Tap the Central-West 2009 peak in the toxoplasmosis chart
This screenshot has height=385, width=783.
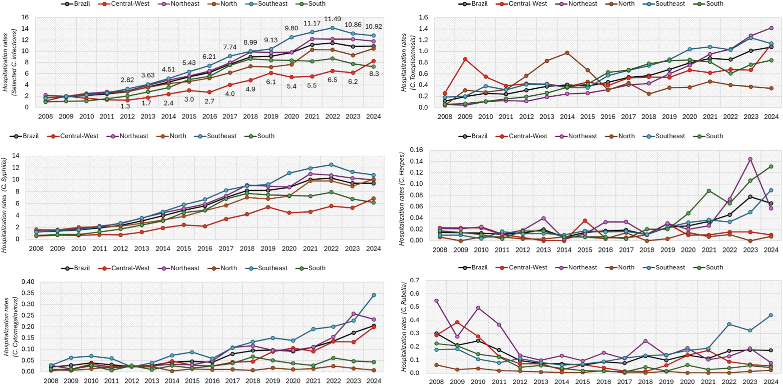click(465, 59)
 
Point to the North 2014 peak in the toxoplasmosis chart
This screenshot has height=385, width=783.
click(567, 53)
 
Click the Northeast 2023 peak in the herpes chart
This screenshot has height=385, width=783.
click(750, 159)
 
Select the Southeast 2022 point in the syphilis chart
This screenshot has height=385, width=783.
click(331, 165)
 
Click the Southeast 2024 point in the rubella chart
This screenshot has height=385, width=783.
click(771, 315)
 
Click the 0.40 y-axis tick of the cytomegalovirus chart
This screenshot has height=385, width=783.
click(28, 282)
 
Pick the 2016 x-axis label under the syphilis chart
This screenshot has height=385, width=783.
click(205, 249)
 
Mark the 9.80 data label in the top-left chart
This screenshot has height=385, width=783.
click(291, 28)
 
